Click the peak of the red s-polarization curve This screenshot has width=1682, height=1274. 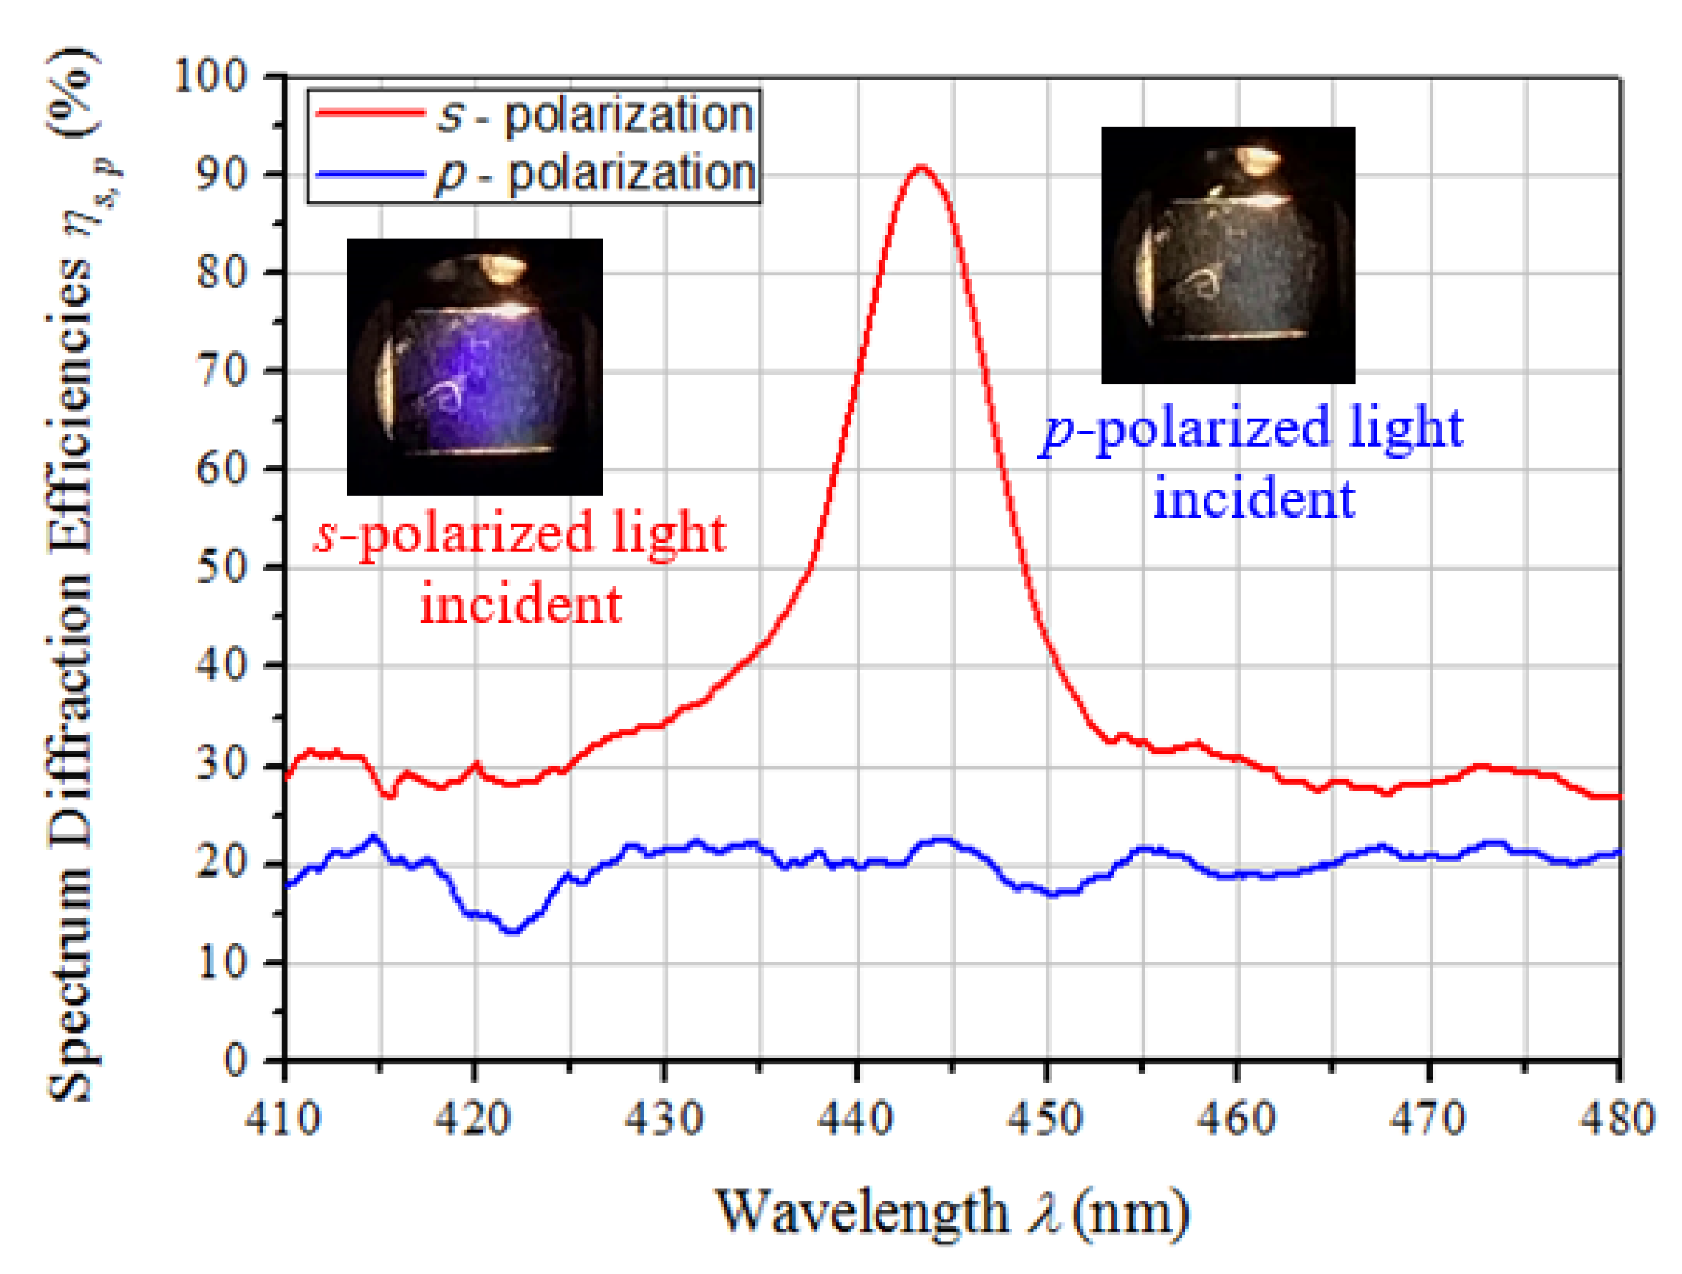(921, 167)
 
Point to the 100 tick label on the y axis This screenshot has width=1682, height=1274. (211, 76)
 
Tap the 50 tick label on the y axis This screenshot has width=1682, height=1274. (222, 567)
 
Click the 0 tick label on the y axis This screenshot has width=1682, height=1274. (236, 1060)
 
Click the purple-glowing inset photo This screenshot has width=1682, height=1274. (474, 366)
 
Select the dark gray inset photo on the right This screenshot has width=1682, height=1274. (1228, 255)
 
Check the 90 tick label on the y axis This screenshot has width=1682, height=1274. (222, 174)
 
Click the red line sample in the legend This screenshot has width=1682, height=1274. (370, 113)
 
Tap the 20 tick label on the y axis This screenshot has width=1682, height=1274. (222, 863)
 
